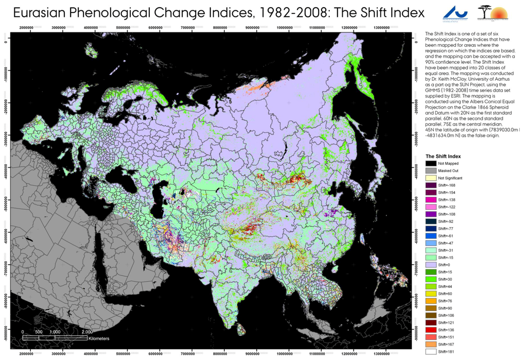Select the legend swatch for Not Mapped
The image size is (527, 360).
click(431, 163)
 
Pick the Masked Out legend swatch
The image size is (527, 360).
click(431, 170)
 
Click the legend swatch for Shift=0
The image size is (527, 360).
click(431, 264)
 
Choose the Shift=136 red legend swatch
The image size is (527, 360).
click(431, 330)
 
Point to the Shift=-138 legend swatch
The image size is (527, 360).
click(431, 199)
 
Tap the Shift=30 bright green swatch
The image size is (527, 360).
click(431, 279)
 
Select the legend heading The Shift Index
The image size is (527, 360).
click(443, 156)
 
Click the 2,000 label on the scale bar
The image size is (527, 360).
click(87, 332)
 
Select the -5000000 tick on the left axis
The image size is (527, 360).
click(6, 199)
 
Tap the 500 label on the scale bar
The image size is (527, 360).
click(38, 332)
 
